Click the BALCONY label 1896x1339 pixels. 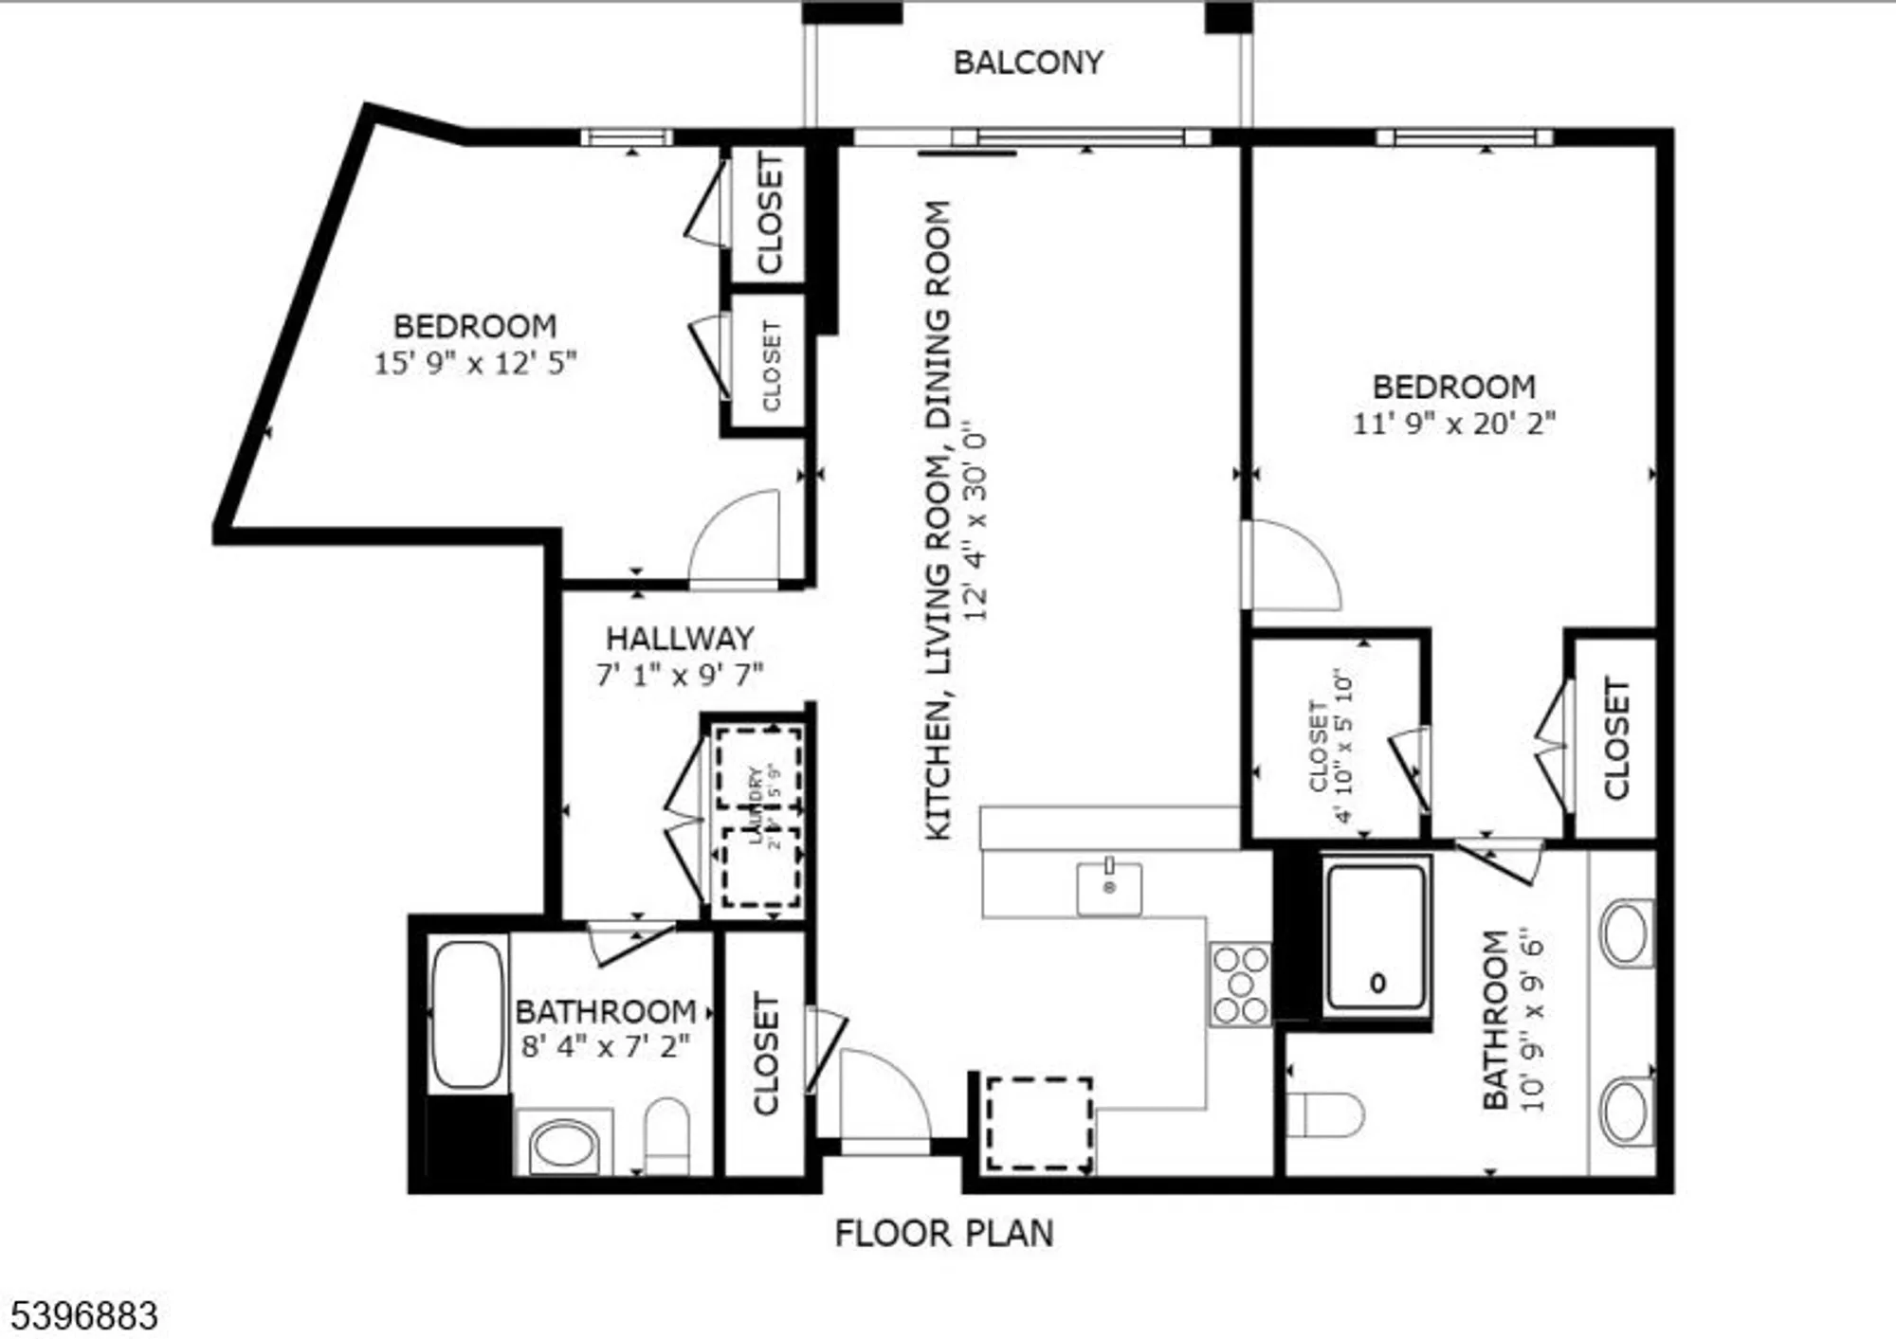[x=1028, y=63]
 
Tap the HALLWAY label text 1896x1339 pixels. [x=680, y=638]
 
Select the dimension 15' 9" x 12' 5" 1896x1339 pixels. [x=475, y=363]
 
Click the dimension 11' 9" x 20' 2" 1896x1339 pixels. [x=1453, y=423]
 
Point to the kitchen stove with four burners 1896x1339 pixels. [x=1240, y=985]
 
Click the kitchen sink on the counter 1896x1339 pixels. [x=1109, y=888]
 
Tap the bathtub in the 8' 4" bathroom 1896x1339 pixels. [x=467, y=1014]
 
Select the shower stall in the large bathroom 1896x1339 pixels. [x=1377, y=938]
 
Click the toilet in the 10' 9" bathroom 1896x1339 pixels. [x=1325, y=1114]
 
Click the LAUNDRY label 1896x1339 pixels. [x=756, y=805]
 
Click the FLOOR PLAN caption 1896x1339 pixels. [x=944, y=1233]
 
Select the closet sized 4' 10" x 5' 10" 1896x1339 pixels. [x=1332, y=747]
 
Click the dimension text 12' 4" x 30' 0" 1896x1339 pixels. [x=975, y=521]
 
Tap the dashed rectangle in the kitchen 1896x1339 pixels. [x=1039, y=1124]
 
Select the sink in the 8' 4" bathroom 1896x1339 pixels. [x=563, y=1145]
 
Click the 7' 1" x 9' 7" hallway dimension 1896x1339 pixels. [x=680, y=675]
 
